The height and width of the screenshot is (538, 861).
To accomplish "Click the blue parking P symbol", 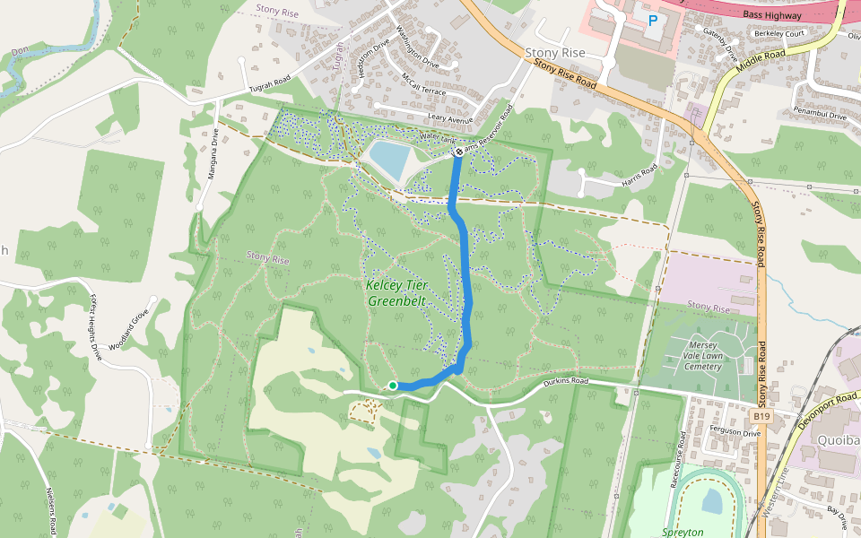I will pos(653,19).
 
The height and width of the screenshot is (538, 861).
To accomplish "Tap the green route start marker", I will pos(393,386).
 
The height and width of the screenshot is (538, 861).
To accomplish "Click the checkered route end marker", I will pos(458,152).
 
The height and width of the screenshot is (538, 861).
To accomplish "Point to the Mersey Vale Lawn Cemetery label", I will pos(704,355).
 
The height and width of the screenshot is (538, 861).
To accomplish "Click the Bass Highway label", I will pos(770,13).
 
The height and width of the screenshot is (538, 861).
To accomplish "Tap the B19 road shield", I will pos(761,416).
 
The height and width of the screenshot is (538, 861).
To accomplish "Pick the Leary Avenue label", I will pos(450,117).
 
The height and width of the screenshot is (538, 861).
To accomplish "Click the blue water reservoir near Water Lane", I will pos(387,160).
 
